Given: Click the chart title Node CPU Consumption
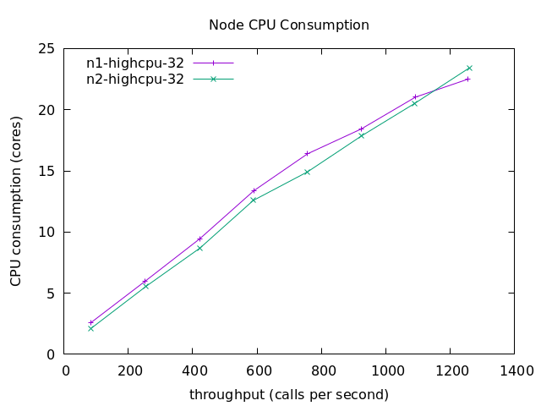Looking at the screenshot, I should [x=289, y=25].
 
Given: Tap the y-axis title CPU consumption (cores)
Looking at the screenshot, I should [x=16, y=201].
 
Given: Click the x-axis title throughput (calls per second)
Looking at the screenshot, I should [x=289, y=395].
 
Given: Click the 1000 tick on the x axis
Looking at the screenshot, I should [x=385, y=370].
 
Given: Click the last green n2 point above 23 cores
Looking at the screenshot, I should [x=469, y=68].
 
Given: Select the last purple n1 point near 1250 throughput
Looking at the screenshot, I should [x=467, y=79].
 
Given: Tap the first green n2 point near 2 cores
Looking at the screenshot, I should [x=90, y=328].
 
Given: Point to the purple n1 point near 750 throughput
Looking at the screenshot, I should [x=307, y=154].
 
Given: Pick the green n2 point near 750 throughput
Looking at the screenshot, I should [x=307, y=172].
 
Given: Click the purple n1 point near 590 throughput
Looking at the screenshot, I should [x=254, y=190].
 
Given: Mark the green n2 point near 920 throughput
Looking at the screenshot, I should [x=361, y=135].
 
